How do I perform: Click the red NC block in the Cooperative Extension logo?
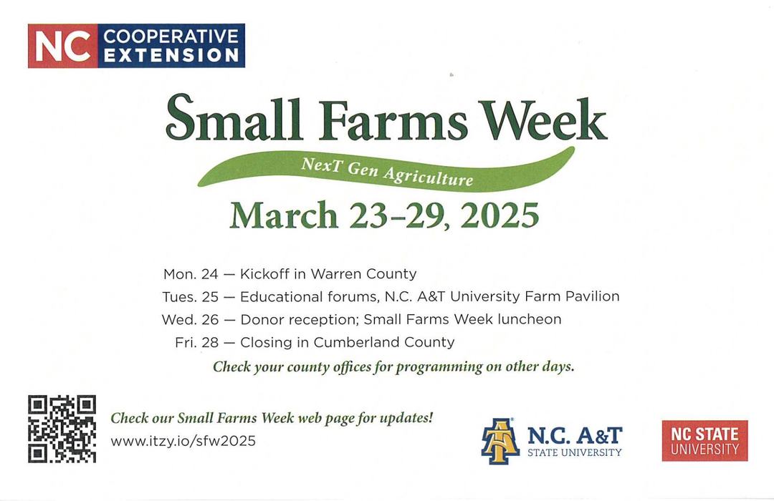click(62, 46)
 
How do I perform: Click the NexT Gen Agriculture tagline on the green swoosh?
click(387, 171)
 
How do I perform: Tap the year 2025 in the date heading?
click(500, 215)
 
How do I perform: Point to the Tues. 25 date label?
click(190, 296)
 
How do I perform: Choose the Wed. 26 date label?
click(190, 319)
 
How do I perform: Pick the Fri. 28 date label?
click(196, 343)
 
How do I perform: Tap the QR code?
click(62, 429)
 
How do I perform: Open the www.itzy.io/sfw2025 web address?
click(183, 441)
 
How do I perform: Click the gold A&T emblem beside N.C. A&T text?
click(500, 441)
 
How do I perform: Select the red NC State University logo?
click(704, 441)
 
